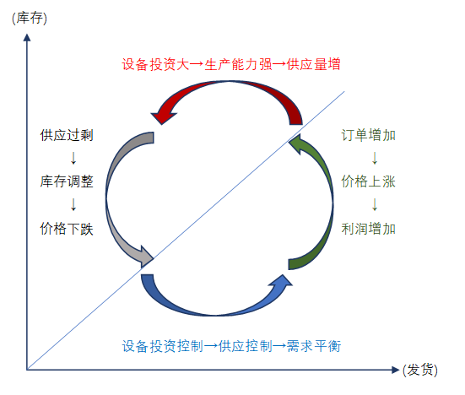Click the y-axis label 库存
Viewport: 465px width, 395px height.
[x=30, y=19]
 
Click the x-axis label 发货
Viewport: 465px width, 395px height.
[x=420, y=370]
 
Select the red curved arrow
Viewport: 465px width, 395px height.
[x=229, y=84]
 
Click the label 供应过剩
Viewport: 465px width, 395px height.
[x=67, y=135]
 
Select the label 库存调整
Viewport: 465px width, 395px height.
[x=67, y=181]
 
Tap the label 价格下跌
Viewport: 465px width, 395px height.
[x=67, y=229]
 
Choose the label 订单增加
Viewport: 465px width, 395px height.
[x=368, y=135]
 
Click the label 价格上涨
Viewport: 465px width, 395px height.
[x=368, y=181]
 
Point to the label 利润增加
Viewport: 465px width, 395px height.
[x=368, y=229]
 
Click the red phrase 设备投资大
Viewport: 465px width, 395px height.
[x=155, y=64]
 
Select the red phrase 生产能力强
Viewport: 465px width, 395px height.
[x=238, y=64]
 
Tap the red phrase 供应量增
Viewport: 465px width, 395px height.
[x=313, y=64]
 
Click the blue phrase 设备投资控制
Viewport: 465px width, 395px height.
[x=163, y=346]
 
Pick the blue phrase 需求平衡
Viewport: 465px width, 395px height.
[x=314, y=346]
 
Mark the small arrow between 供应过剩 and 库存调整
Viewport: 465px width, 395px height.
[x=73, y=158]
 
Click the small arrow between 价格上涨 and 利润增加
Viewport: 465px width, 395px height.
[x=375, y=204]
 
